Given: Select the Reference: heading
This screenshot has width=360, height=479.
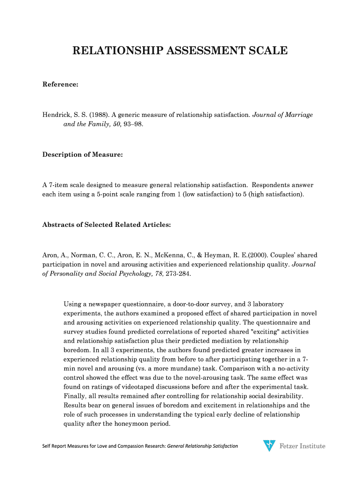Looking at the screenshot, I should (60, 85).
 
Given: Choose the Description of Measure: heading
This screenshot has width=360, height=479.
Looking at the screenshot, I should (82, 154).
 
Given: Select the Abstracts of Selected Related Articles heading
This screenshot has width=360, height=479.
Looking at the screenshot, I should (107, 225).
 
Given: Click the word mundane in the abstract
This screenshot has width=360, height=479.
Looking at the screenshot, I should (182, 369).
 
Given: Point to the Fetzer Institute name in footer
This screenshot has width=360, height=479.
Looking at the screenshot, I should (302, 446).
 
